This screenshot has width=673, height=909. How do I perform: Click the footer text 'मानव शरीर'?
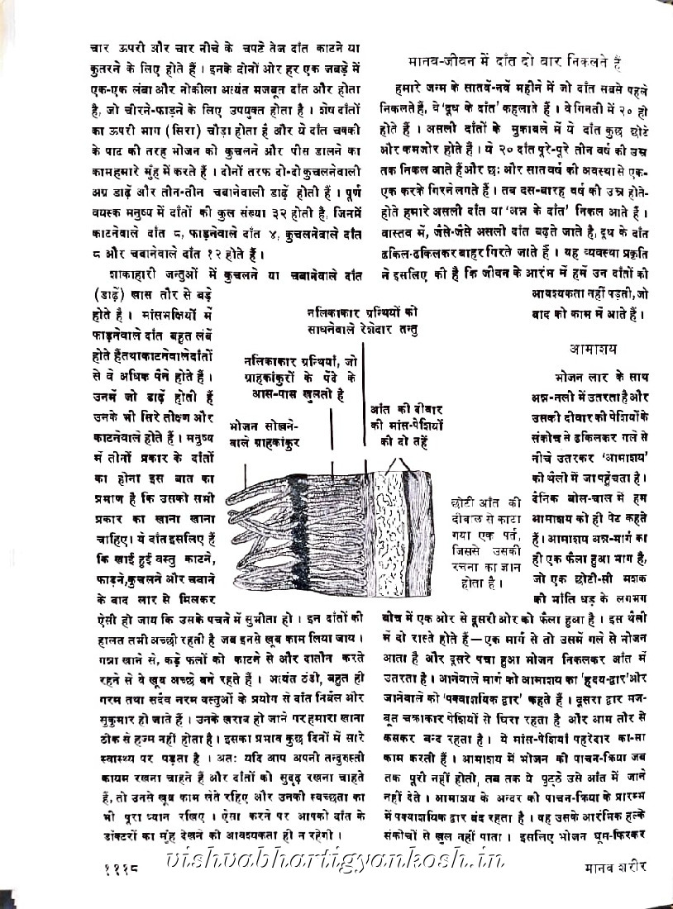[610, 869]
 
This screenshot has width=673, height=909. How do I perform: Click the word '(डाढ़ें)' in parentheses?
[106, 294]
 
